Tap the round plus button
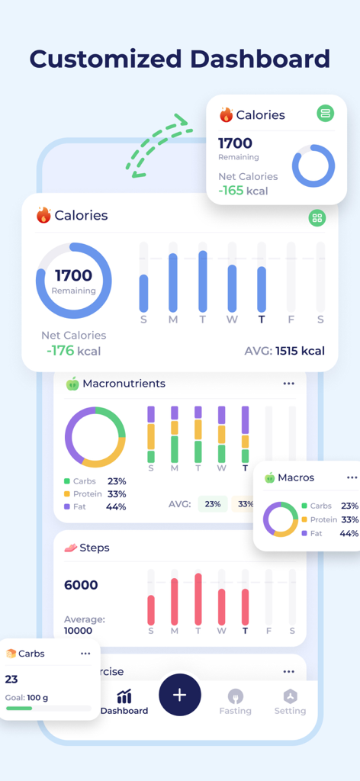click(180, 695)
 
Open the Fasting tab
click(236, 702)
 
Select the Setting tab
click(290, 702)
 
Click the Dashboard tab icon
click(124, 696)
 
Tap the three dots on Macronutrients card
click(288, 384)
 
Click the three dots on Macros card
click(352, 477)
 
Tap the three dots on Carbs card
click(85, 654)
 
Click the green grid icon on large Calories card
click(317, 218)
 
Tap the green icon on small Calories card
click(326, 114)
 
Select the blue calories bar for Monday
click(173, 282)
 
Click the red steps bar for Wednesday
click(222, 606)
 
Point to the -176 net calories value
click(73, 352)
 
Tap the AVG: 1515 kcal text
click(284, 352)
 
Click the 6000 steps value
click(81, 585)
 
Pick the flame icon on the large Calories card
click(43, 215)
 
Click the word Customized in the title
click(105, 59)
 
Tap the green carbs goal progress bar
click(20, 709)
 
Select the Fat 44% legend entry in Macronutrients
click(95, 506)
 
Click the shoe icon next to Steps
click(71, 548)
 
